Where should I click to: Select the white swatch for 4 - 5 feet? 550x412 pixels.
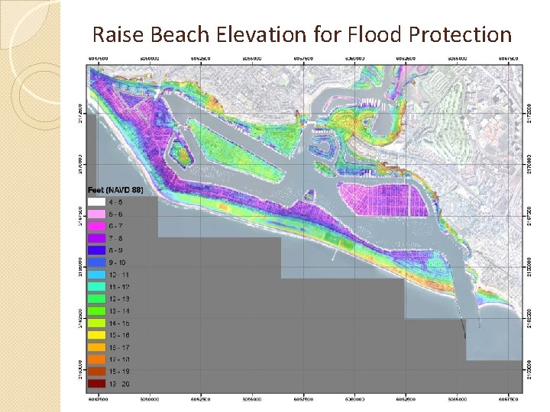pos(98,202)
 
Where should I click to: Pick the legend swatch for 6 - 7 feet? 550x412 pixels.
pos(98,226)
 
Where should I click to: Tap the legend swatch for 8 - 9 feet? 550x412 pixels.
pos(98,250)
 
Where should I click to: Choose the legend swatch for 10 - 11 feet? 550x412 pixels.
pos(98,274)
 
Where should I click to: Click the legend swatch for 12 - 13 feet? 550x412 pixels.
pos(98,298)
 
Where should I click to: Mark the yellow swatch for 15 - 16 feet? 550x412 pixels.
pos(98,335)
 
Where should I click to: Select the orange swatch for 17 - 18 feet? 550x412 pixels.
pos(98,359)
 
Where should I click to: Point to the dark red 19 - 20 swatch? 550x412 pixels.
pos(98,383)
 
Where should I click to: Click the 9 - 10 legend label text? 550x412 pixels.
pos(121,262)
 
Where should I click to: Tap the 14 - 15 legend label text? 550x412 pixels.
pos(121,323)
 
